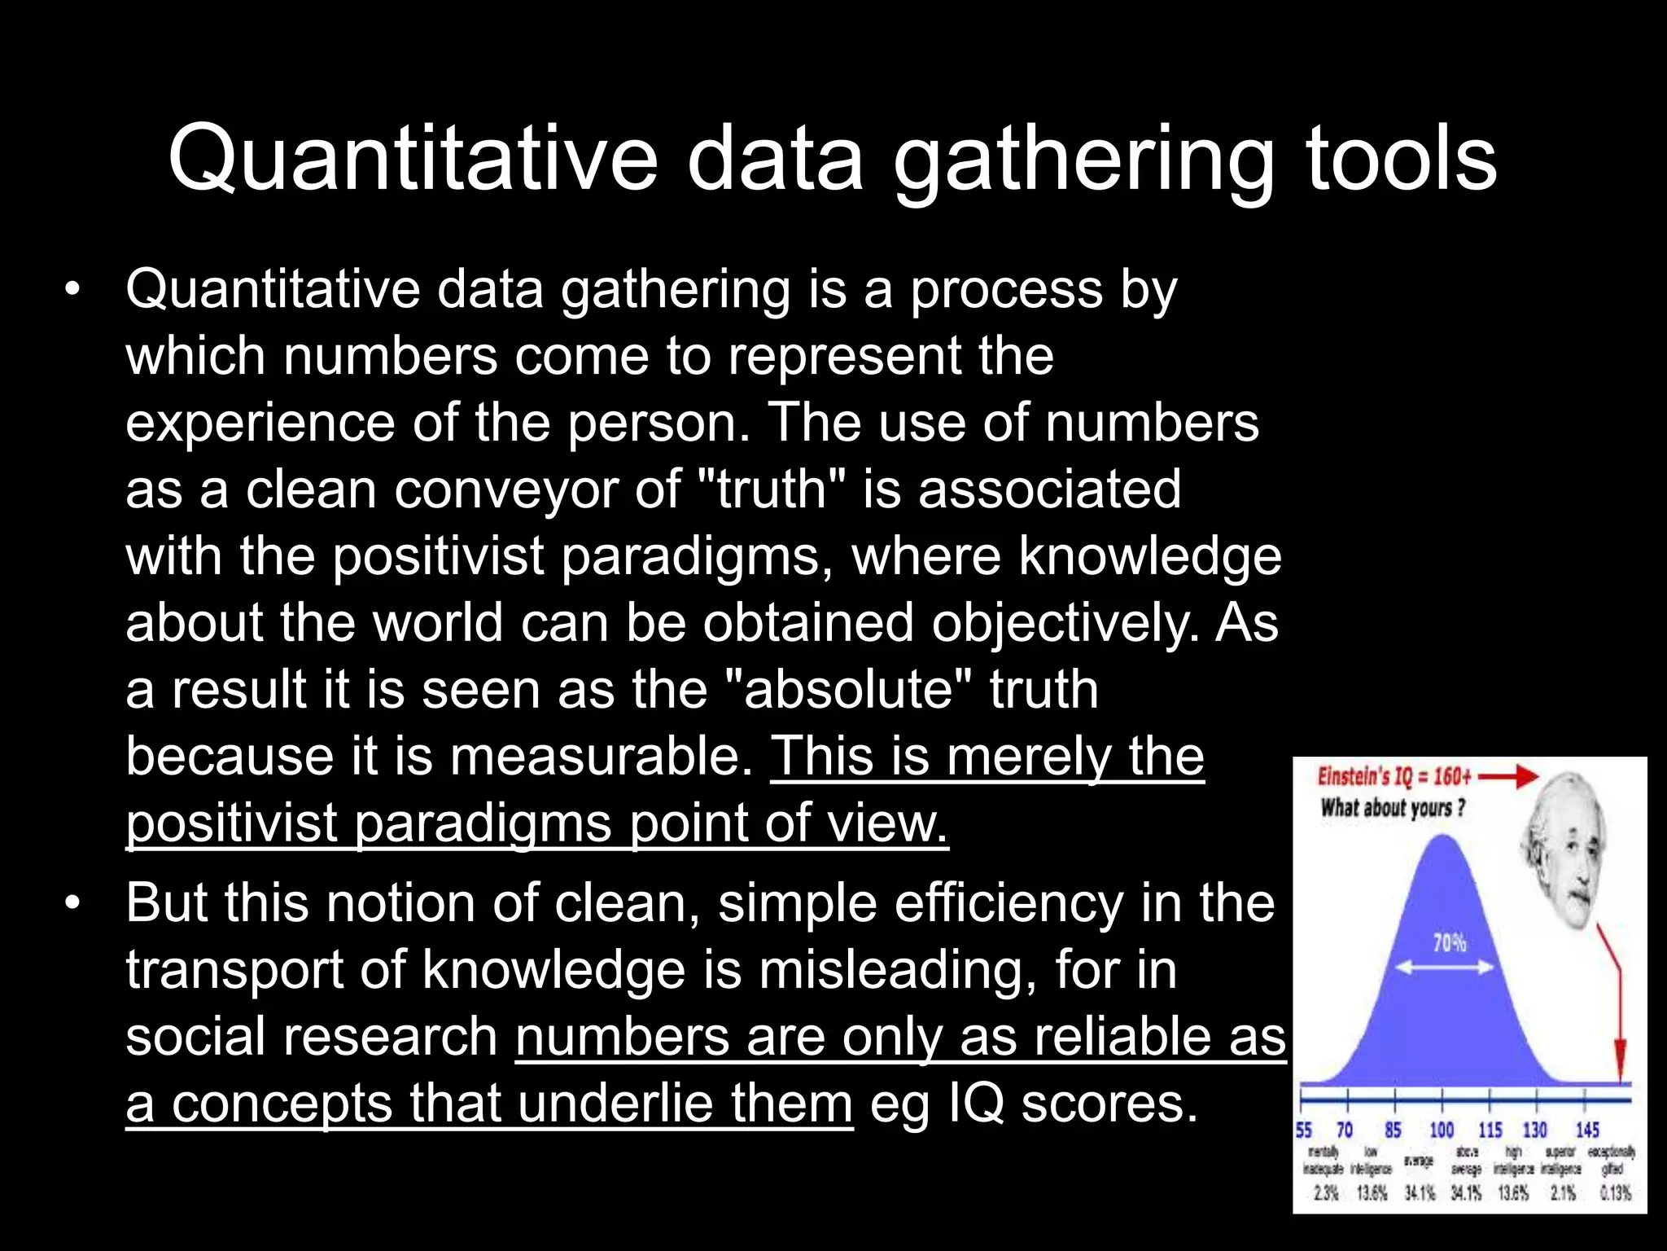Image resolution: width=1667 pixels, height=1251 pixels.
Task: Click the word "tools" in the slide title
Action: [1401, 159]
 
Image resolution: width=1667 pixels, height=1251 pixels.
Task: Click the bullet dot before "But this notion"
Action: [74, 904]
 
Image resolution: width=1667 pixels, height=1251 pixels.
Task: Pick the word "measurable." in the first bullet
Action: [602, 757]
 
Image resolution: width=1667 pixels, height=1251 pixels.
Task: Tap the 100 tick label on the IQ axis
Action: [1442, 1130]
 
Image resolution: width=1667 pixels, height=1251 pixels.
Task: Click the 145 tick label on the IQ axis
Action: [1586, 1130]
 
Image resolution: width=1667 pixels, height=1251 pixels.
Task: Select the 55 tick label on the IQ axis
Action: [1304, 1130]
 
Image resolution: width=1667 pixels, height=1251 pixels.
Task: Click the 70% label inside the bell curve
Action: [1449, 943]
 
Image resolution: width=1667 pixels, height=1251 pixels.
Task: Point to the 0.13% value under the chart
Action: [1615, 1193]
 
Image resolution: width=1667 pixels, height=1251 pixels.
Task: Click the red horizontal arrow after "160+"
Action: [1509, 777]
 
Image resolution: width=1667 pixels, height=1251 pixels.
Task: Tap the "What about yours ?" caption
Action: [1393, 808]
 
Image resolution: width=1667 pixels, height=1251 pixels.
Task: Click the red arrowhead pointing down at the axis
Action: [1620, 1067]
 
